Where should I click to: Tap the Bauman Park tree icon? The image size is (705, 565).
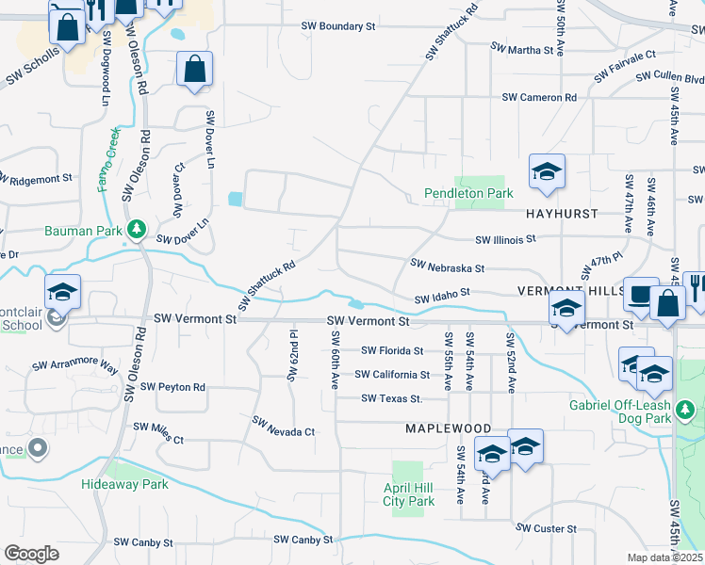pos(137,229)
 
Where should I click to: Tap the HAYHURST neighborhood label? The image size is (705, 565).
pos(562,214)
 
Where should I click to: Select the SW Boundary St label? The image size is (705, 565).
pos(339,26)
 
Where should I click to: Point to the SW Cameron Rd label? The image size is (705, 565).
pos(539,97)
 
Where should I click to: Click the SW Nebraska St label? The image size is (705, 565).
pos(448,268)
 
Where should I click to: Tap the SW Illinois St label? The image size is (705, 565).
pos(505,239)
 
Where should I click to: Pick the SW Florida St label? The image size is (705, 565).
pos(389,350)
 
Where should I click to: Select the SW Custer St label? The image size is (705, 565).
pos(548,529)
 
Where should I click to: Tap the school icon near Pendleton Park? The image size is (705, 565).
pos(546,172)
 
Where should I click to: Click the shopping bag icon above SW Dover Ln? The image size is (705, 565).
pos(194,70)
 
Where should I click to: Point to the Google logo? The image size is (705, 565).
pos(31,554)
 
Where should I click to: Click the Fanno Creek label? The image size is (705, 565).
pos(107,160)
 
